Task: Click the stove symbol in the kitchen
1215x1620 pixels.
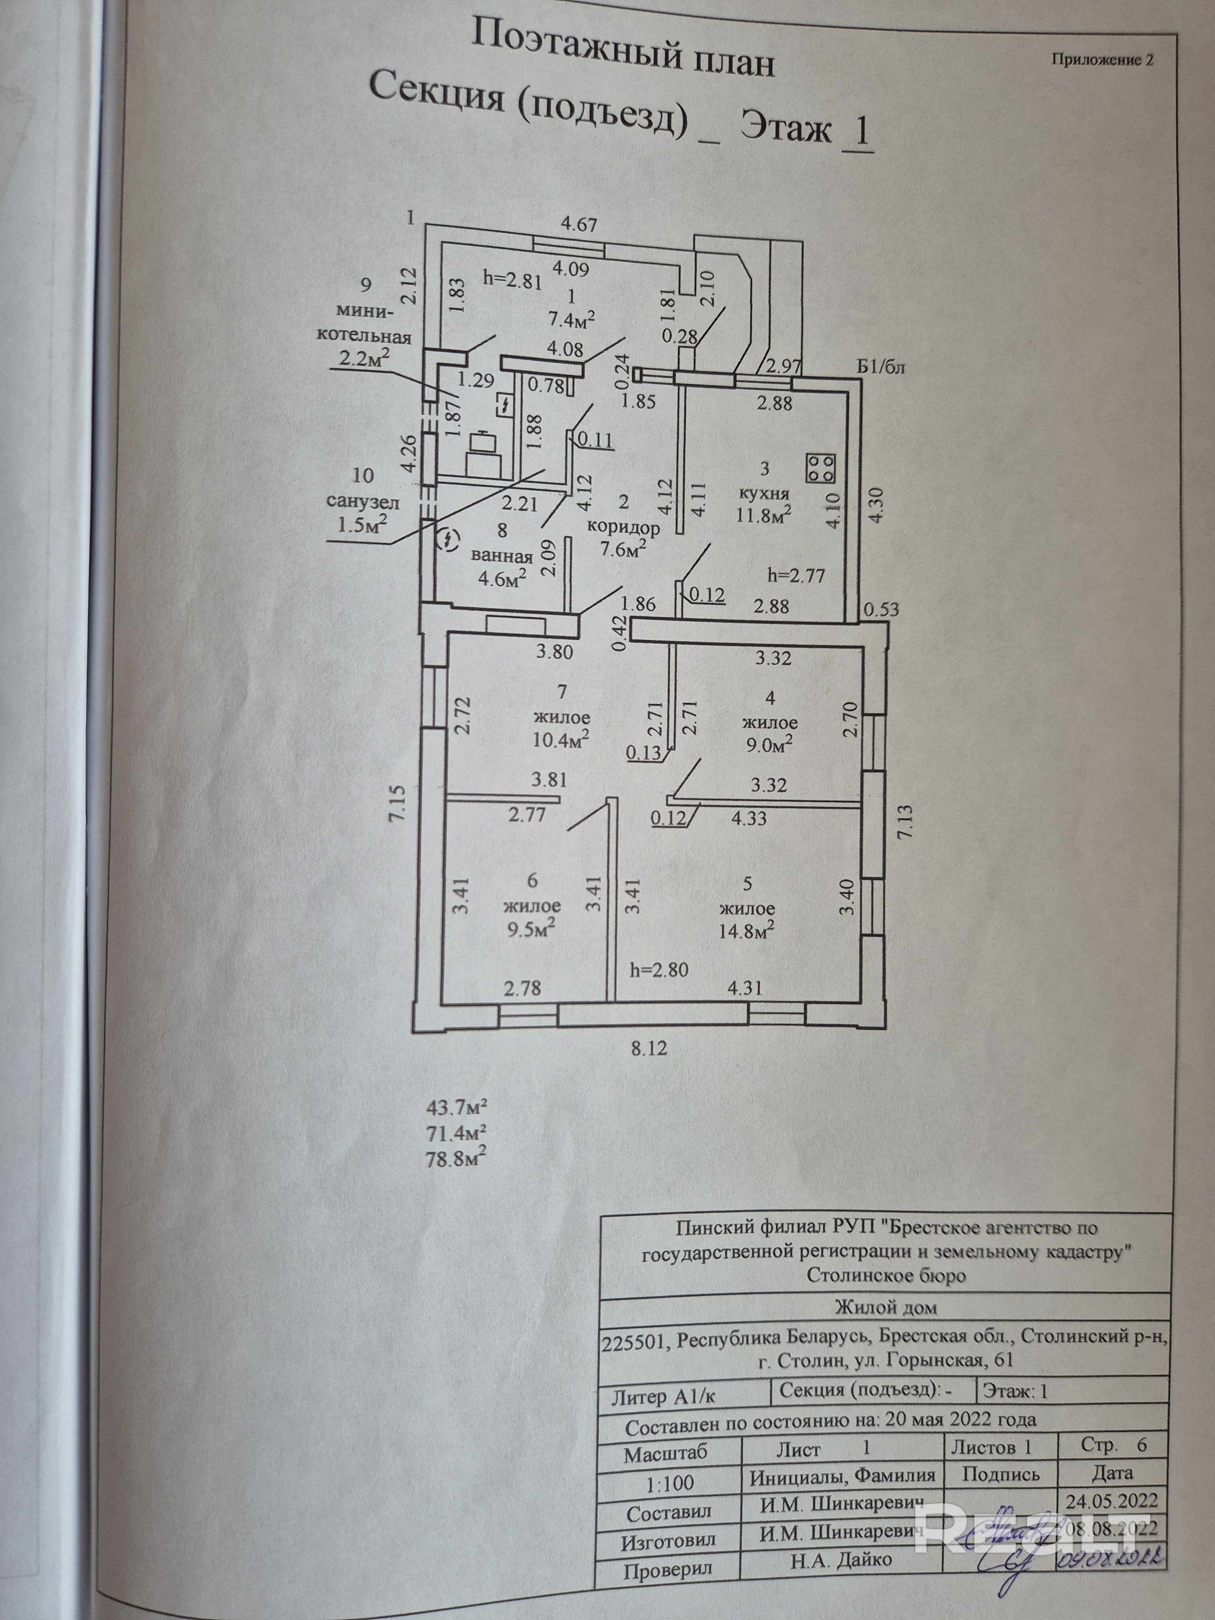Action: click(x=820, y=467)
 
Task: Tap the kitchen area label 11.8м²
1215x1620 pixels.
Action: click(x=763, y=514)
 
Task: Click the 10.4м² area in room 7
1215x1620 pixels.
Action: click(x=561, y=740)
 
